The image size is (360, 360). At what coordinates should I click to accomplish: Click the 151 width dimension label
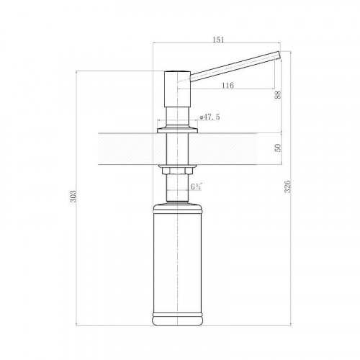(218, 40)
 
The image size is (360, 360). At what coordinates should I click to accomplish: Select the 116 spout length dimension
(228, 85)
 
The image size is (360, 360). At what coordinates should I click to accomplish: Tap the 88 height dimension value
(278, 95)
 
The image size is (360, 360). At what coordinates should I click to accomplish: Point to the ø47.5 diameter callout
(210, 117)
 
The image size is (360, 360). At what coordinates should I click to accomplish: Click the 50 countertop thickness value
(278, 148)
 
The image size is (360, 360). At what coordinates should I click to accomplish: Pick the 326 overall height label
(287, 186)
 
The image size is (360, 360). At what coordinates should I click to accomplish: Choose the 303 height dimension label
(73, 197)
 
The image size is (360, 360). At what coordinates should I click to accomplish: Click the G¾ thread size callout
(197, 186)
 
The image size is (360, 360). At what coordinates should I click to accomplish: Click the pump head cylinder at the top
(177, 89)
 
